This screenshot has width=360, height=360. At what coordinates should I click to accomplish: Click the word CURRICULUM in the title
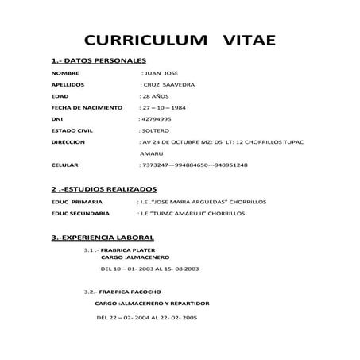pos(146,41)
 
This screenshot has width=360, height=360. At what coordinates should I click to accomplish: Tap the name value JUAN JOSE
pos(159,72)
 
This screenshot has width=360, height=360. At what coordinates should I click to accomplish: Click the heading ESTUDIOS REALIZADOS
pos(103,191)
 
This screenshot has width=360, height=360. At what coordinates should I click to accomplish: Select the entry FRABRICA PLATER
pos(126,250)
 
